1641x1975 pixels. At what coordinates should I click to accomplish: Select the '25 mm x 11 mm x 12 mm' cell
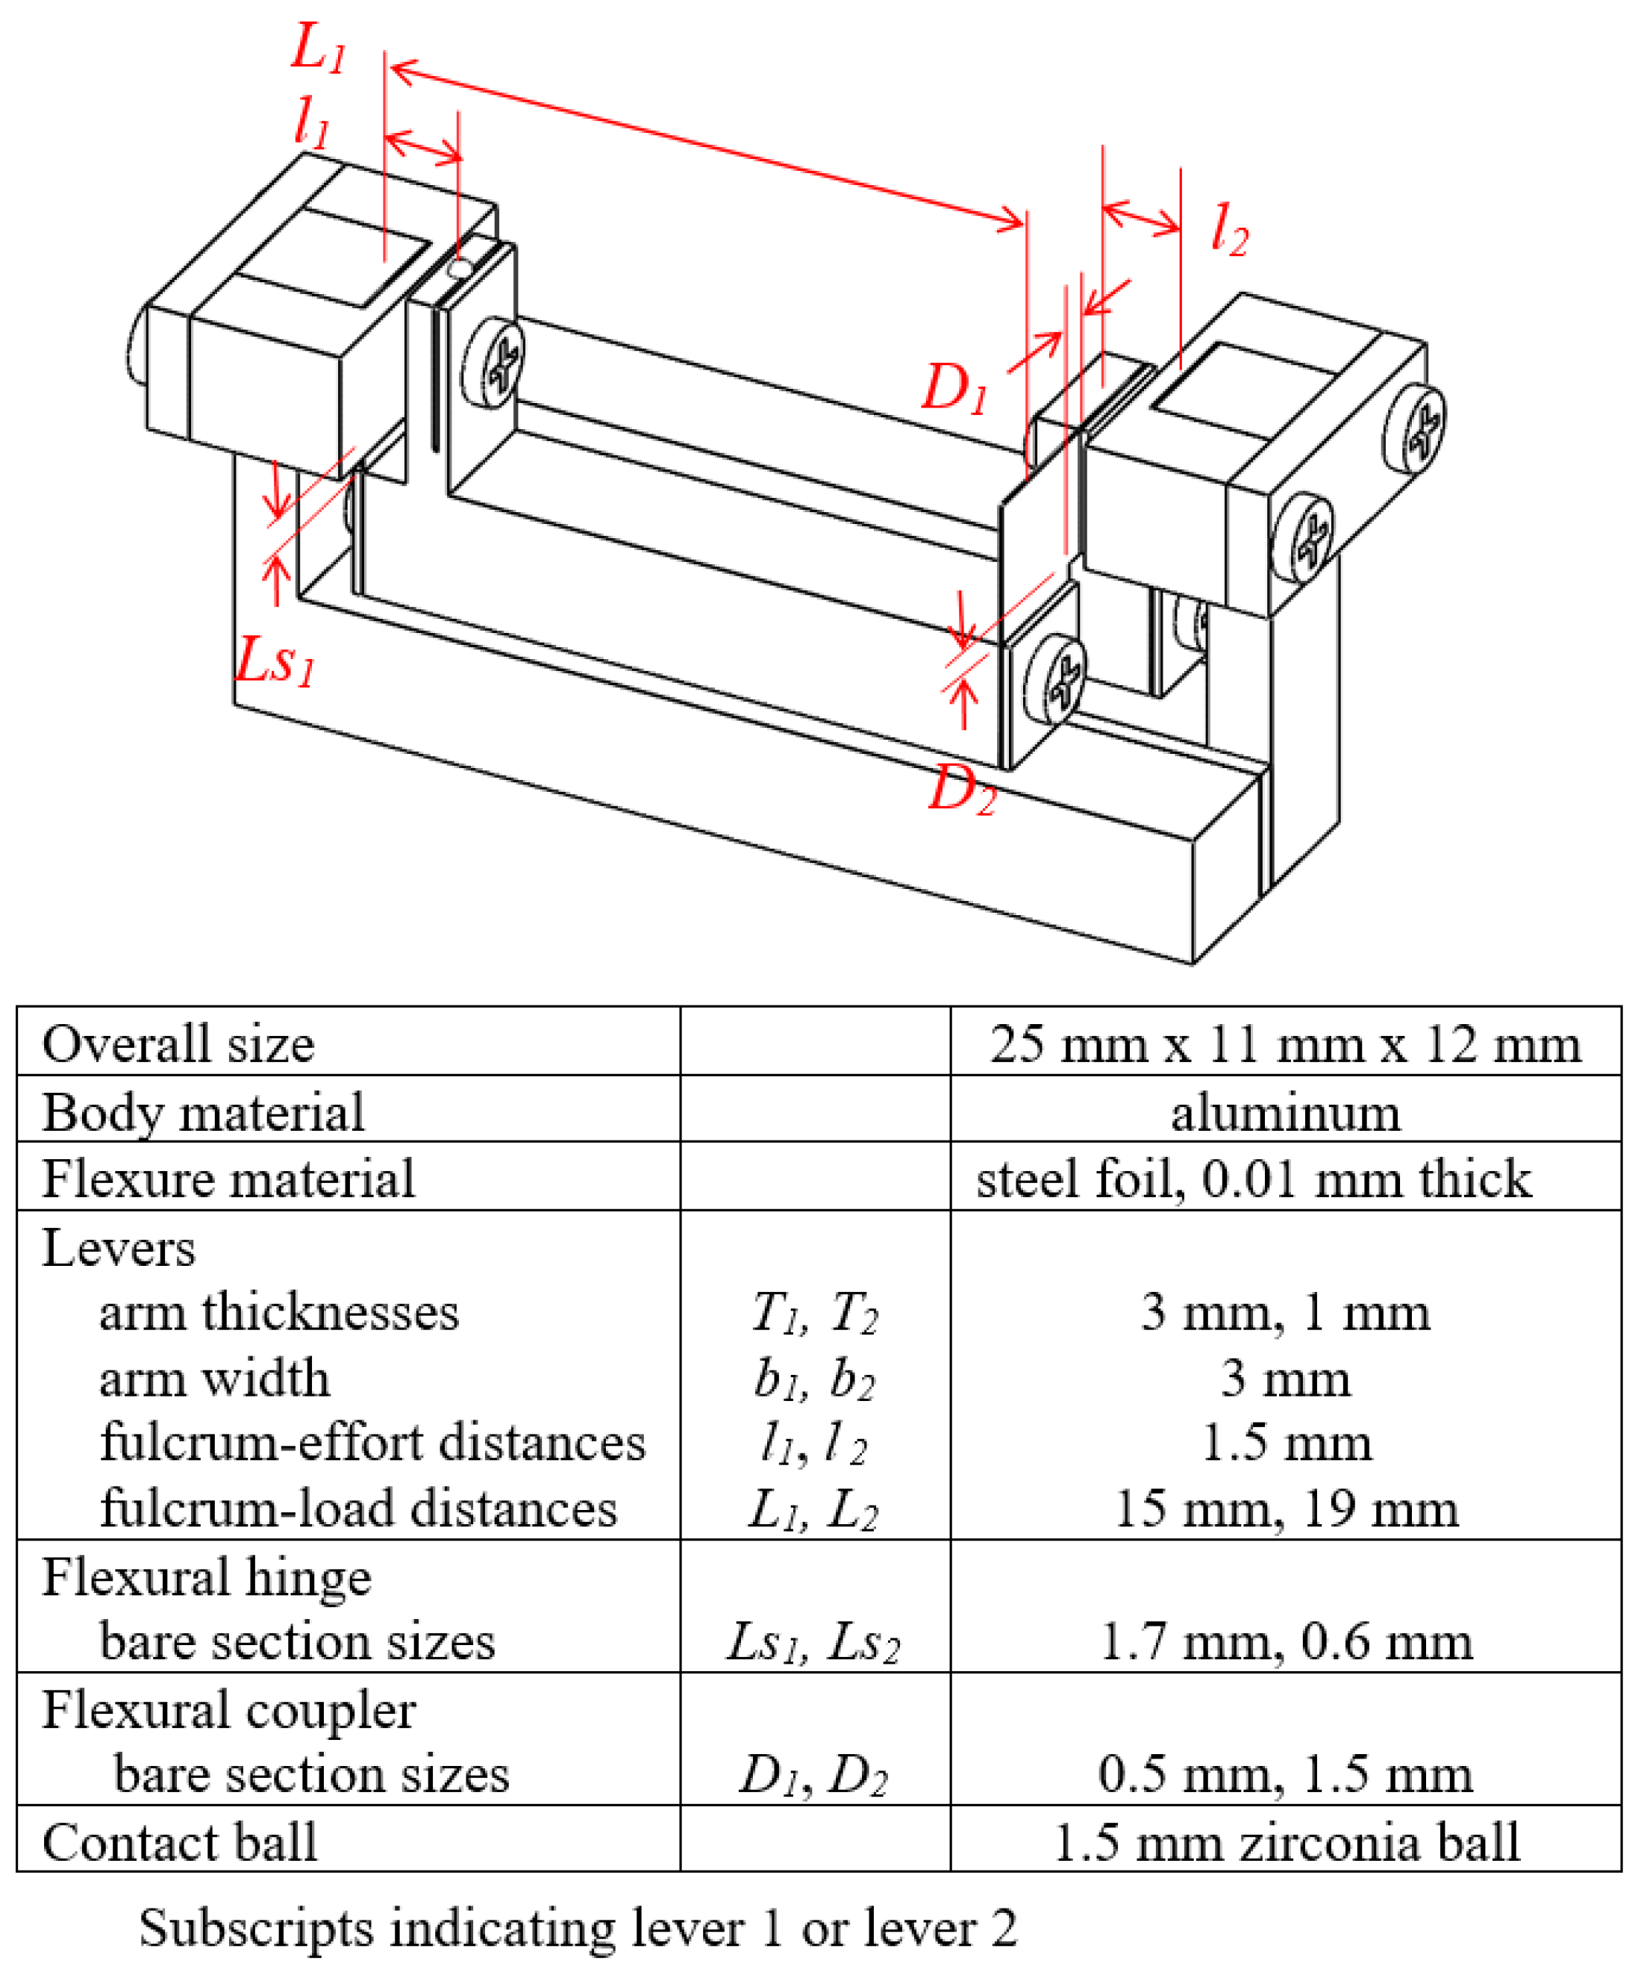coord(1284,1044)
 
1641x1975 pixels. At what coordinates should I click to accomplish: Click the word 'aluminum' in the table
coord(1284,1113)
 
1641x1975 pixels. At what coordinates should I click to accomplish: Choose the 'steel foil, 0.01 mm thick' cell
coord(1254,1179)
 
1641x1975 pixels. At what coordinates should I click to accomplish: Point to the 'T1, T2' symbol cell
coord(814,1313)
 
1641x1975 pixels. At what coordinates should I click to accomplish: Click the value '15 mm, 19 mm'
coord(1284,1509)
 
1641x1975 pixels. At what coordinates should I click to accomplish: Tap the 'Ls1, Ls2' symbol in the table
coord(813,1643)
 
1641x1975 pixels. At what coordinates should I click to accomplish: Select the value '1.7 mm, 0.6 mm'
coord(1284,1642)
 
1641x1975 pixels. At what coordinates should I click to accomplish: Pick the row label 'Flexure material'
coord(228,1179)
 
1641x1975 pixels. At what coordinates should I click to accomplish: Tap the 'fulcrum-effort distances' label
coord(372,1443)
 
